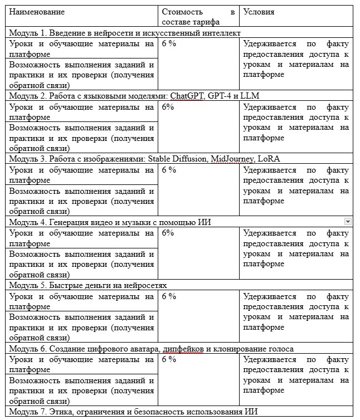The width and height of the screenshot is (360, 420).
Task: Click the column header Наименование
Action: pyautogui.click(x=37, y=12)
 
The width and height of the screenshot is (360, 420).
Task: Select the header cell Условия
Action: pyautogui.click(x=259, y=12)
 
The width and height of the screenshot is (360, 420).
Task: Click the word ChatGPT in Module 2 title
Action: pyautogui.click(x=187, y=95)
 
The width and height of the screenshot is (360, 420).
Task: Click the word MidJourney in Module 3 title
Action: pyautogui.click(x=230, y=158)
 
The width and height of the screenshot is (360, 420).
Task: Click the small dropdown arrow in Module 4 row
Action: pyautogui.click(x=348, y=221)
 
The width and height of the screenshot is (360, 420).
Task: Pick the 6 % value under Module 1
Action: pyautogui.click(x=169, y=43)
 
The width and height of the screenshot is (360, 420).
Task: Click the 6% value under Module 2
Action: pyautogui.click(x=168, y=106)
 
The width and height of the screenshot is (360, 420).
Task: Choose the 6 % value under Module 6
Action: pyautogui.click(x=169, y=359)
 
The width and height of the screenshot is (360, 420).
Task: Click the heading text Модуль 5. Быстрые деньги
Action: pyautogui.click(x=89, y=285)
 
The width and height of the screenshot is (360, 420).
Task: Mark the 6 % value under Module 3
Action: pyautogui.click(x=169, y=169)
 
